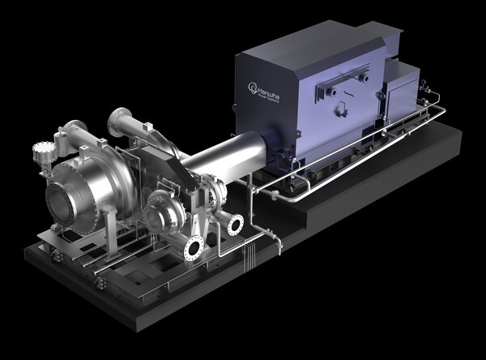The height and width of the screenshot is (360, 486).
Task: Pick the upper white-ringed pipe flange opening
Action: click(236, 225)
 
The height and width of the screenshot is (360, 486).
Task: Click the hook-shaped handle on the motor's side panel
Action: click(330, 93)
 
